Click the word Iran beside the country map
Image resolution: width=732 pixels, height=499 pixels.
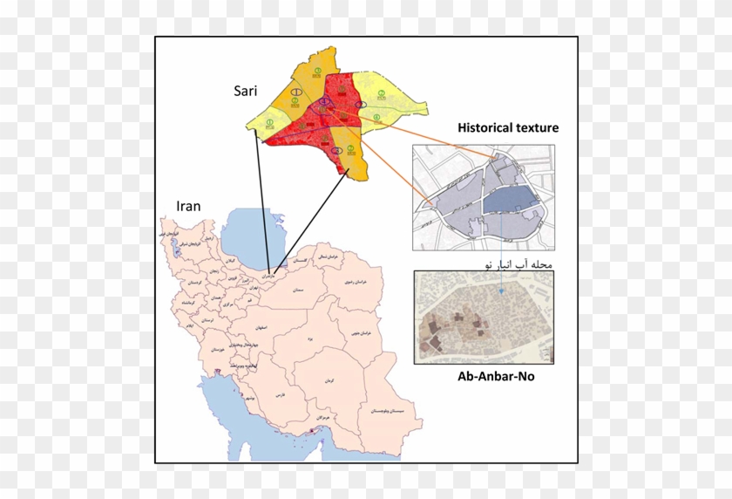(188, 207)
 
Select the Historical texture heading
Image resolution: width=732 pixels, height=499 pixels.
(508, 128)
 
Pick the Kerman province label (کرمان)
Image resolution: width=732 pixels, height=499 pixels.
(339, 382)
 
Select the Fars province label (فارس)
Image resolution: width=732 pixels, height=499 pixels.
(281, 395)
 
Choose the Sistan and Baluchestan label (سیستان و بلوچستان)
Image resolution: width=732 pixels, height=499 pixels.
(383, 410)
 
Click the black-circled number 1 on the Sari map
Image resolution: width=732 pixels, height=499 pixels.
(297, 91)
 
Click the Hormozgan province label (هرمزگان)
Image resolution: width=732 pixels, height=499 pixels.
(323, 419)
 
